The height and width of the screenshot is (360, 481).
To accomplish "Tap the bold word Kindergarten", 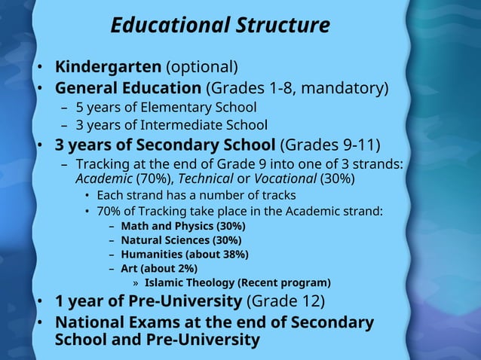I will pyautogui.click(x=108, y=68).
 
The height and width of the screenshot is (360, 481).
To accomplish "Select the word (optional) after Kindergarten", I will pyautogui.click(x=202, y=68).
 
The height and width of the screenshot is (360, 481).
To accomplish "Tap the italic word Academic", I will pyautogui.click(x=104, y=178).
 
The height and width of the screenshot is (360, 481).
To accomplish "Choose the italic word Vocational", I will pyautogui.click(x=285, y=178).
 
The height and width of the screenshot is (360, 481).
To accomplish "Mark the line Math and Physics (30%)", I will pyautogui.click(x=183, y=226).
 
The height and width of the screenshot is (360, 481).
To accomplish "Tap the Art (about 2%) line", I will pyautogui.click(x=159, y=269).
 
